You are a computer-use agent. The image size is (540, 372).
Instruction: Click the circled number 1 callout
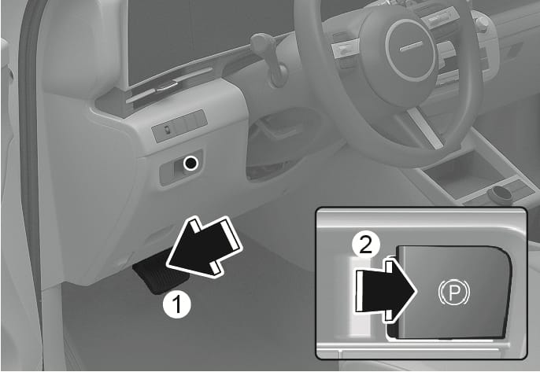click(x=176, y=304)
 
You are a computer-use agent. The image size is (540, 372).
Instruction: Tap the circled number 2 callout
click(x=366, y=246)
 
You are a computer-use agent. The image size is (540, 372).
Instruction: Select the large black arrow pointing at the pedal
click(x=204, y=246)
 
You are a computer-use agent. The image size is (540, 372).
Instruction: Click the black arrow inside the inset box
click(x=386, y=291)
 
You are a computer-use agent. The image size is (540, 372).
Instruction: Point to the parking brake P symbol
click(x=454, y=293)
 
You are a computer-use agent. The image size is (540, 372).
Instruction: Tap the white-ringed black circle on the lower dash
click(x=190, y=163)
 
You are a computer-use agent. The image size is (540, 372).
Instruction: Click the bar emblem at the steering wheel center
click(x=411, y=46)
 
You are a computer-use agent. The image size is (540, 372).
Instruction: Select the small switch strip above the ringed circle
click(x=179, y=126)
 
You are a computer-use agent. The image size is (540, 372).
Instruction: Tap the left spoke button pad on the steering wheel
click(x=345, y=50)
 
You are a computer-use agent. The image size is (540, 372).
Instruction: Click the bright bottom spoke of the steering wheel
click(x=424, y=129)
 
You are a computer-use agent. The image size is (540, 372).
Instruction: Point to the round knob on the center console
click(x=500, y=194)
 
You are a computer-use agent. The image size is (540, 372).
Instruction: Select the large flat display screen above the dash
click(x=206, y=39)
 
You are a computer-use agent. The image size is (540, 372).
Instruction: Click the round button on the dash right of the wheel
click(x=482, y=22)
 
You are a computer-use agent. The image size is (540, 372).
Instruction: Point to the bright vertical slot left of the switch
click(x=360, y=296)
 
